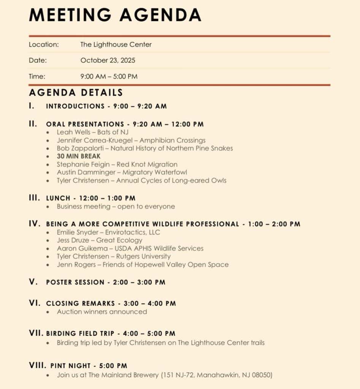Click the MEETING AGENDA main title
(x=115, y=14)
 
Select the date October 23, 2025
(x=108, y=60)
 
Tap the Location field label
(x=44, y=44)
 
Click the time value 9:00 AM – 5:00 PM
(x=109, y=76)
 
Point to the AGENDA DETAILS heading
(x=76, y=93)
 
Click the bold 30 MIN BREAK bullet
(x=79, y=156)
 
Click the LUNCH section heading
(x=58, y=198)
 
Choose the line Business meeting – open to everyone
(x=116, y=207)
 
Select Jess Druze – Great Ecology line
(x=99, y=240)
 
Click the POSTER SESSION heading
(x=75, y=282)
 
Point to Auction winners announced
(x=101, y=312)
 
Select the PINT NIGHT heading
(x=70, y=366)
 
